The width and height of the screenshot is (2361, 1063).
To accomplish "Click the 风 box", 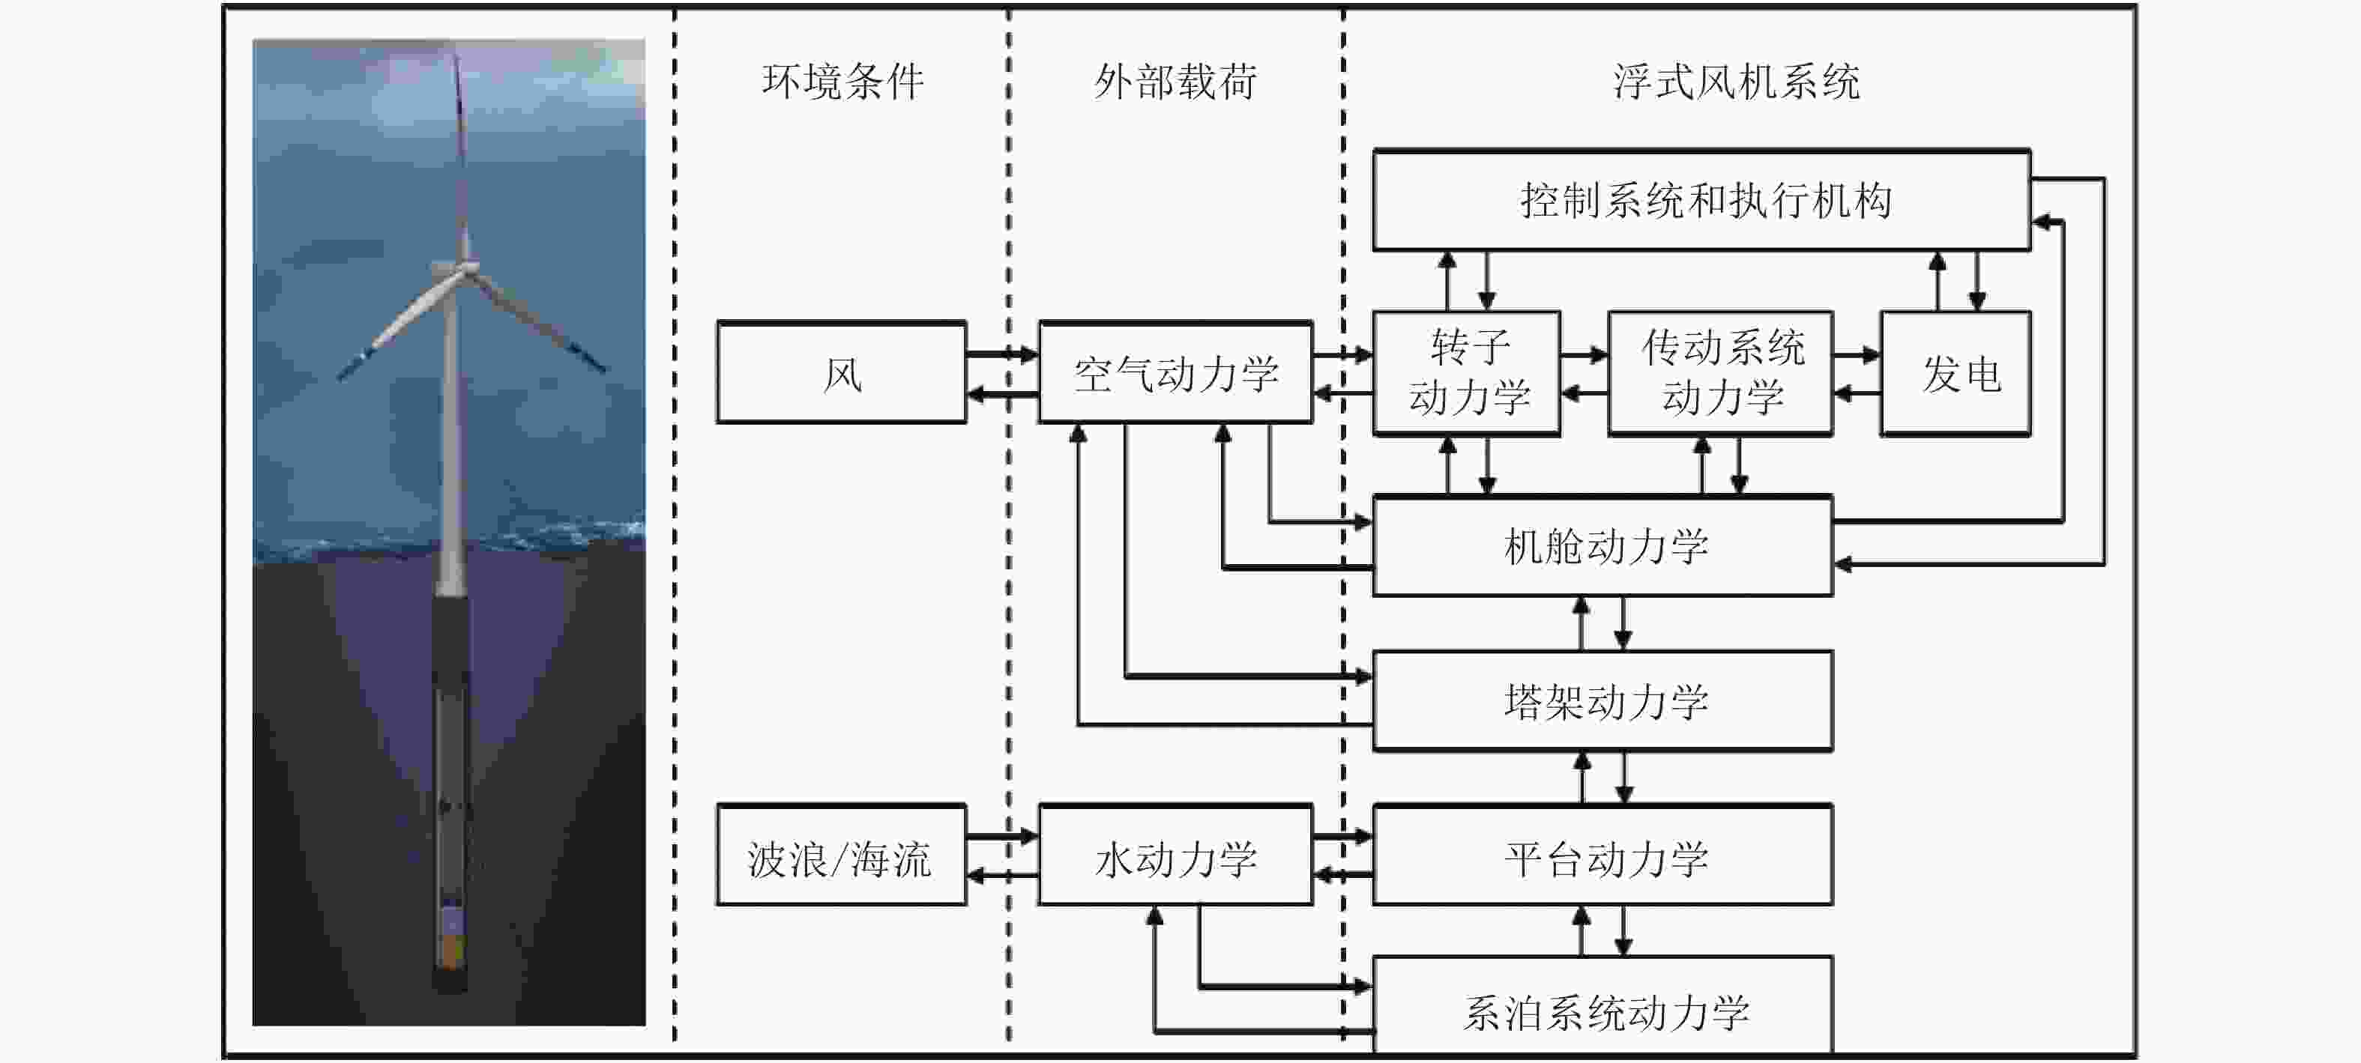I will pos(842,373).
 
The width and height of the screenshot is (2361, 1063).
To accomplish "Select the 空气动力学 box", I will pos(1175,373).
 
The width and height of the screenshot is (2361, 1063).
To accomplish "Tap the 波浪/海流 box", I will pos(842,856).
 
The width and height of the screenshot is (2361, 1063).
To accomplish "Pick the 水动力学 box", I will pos(1175,856).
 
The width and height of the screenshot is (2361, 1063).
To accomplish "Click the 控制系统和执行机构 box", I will pos(1701,201).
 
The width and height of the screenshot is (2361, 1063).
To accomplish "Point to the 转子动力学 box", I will pos(1467,373).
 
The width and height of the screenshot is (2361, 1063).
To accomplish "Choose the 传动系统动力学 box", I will pos(1720,373).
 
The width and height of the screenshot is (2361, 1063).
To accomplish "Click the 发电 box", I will pos(1955,373).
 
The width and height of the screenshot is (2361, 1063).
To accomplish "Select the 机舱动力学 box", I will pos(1603,546).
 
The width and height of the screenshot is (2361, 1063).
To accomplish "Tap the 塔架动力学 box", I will pos(1603,702).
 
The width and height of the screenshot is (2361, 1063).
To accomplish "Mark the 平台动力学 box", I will pos(1603,856).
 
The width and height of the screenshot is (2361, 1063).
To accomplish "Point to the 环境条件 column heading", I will pos(842,82).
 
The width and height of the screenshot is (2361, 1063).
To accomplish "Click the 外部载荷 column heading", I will pos(1175,82).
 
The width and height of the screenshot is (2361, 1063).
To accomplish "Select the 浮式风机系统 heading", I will pos(1736,82).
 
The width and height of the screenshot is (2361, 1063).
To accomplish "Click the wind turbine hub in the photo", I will pos(465,267).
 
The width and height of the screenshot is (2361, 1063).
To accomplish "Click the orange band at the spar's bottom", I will pos(450,953).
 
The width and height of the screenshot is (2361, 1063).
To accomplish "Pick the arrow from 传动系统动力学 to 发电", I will pos(1857,354).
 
